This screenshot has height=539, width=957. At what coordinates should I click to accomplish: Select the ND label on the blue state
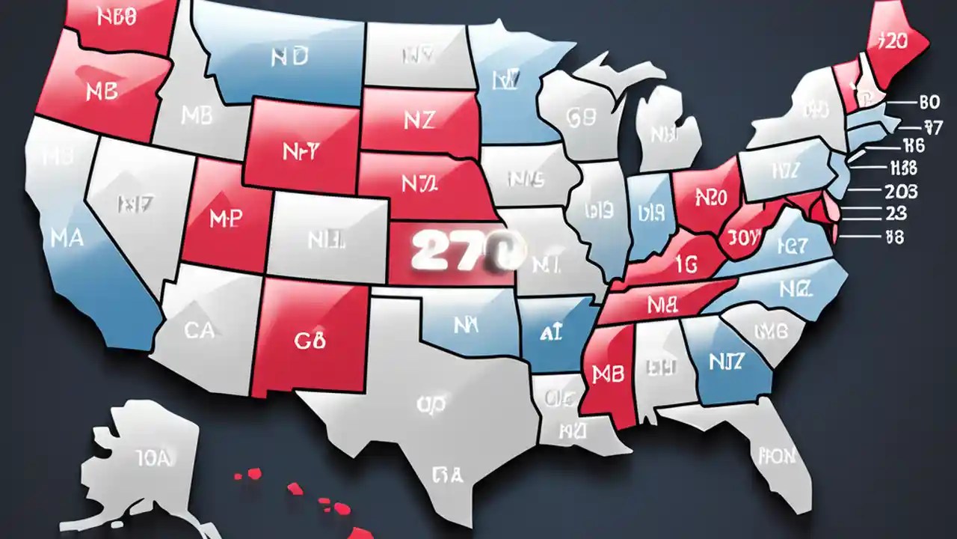point(289,58)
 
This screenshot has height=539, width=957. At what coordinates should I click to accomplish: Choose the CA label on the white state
point(199,330)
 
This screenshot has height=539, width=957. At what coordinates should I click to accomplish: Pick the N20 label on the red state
point(710,197)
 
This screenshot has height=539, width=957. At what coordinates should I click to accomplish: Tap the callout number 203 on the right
point(900,192)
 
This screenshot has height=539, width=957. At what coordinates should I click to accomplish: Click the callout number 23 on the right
point(895,213)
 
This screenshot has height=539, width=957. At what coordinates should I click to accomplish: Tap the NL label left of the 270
point(325,240)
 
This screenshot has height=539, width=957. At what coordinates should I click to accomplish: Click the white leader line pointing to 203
point(860,192)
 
